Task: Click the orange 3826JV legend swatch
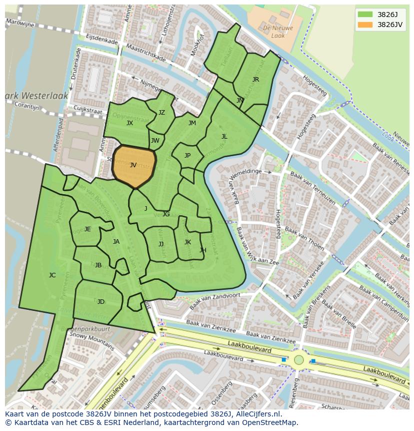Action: coord(365,25)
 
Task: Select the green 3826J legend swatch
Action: coord(365,14)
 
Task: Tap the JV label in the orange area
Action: coord(133,165)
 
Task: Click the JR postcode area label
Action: coord(255,79)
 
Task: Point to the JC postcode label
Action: coord(52,275)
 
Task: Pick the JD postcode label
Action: coord(101,301)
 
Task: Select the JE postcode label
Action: coord(87,229)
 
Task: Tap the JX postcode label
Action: coord(129,123)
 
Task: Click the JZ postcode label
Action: coord(161,112)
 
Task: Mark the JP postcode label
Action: coord(187,155)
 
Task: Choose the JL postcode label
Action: coord(224,136)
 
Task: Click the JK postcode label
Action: coord(187,242)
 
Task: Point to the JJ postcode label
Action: coord(161,244)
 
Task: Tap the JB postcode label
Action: coord(98,265)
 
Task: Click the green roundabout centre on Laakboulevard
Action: coord(298,359)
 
